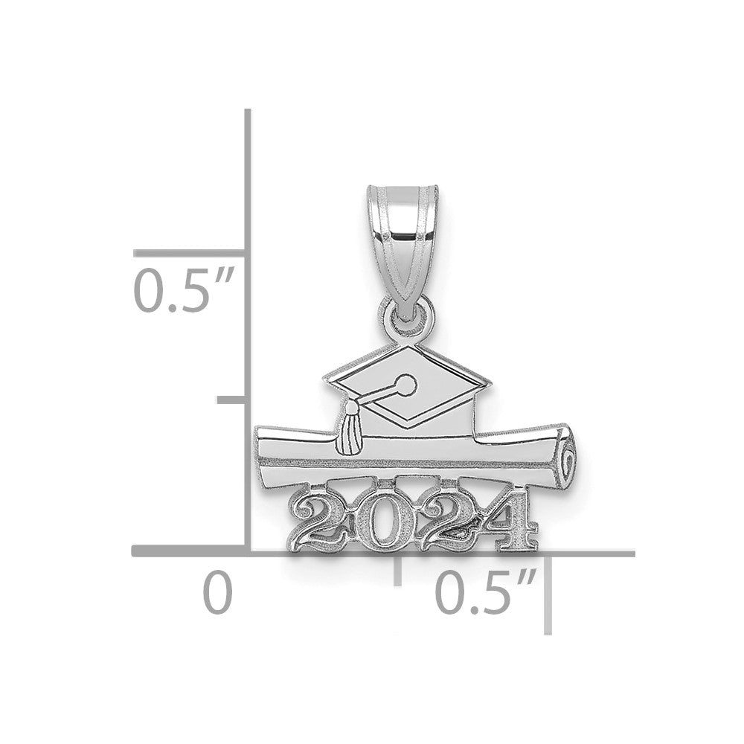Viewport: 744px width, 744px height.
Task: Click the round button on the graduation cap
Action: [x=406, y=385]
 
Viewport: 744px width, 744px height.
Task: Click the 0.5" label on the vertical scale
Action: [x=183, y=290]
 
